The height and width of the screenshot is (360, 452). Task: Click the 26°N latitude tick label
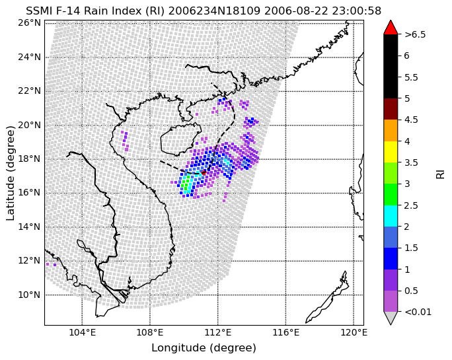(x=29, y=22)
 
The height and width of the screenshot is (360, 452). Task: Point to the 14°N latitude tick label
(x=29, y=227)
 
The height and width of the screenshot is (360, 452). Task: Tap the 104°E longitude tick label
(x=82, y=333)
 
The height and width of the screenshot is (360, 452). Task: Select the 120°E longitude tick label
(x=354, y=333)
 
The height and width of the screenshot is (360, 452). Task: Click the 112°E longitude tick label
(x=218, y=333)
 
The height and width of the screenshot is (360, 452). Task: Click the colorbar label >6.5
(x=415, y=34)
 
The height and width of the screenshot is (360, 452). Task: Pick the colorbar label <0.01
(x=418, y=312)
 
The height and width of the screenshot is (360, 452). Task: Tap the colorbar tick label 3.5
(x=411, y=162)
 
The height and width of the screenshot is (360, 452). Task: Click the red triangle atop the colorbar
(x=391, y=28)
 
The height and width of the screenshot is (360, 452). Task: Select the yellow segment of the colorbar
(x=391, y=152)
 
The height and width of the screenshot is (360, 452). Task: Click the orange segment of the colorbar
(x=391, y=131)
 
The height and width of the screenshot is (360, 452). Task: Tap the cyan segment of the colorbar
(x=391, y=216)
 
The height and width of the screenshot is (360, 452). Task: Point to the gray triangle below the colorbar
(x=391, y=318)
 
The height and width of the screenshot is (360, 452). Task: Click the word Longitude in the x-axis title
(x=179, y=348)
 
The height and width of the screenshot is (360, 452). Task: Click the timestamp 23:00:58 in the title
(x=357, y=11)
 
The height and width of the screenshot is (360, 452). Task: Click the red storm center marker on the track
(x=204, y=172)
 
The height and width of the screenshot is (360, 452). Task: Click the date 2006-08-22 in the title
(x=296, y=11)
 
